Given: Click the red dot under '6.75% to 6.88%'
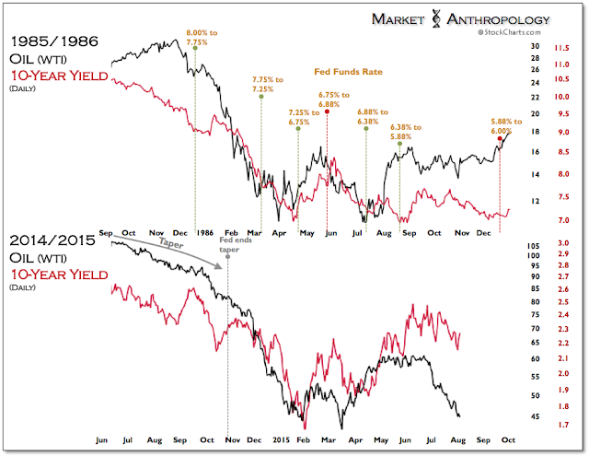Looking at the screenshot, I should point(329,111).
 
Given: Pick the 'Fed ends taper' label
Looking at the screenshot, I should point(227,243).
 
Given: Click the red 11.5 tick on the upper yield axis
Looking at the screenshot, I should point(560,47).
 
